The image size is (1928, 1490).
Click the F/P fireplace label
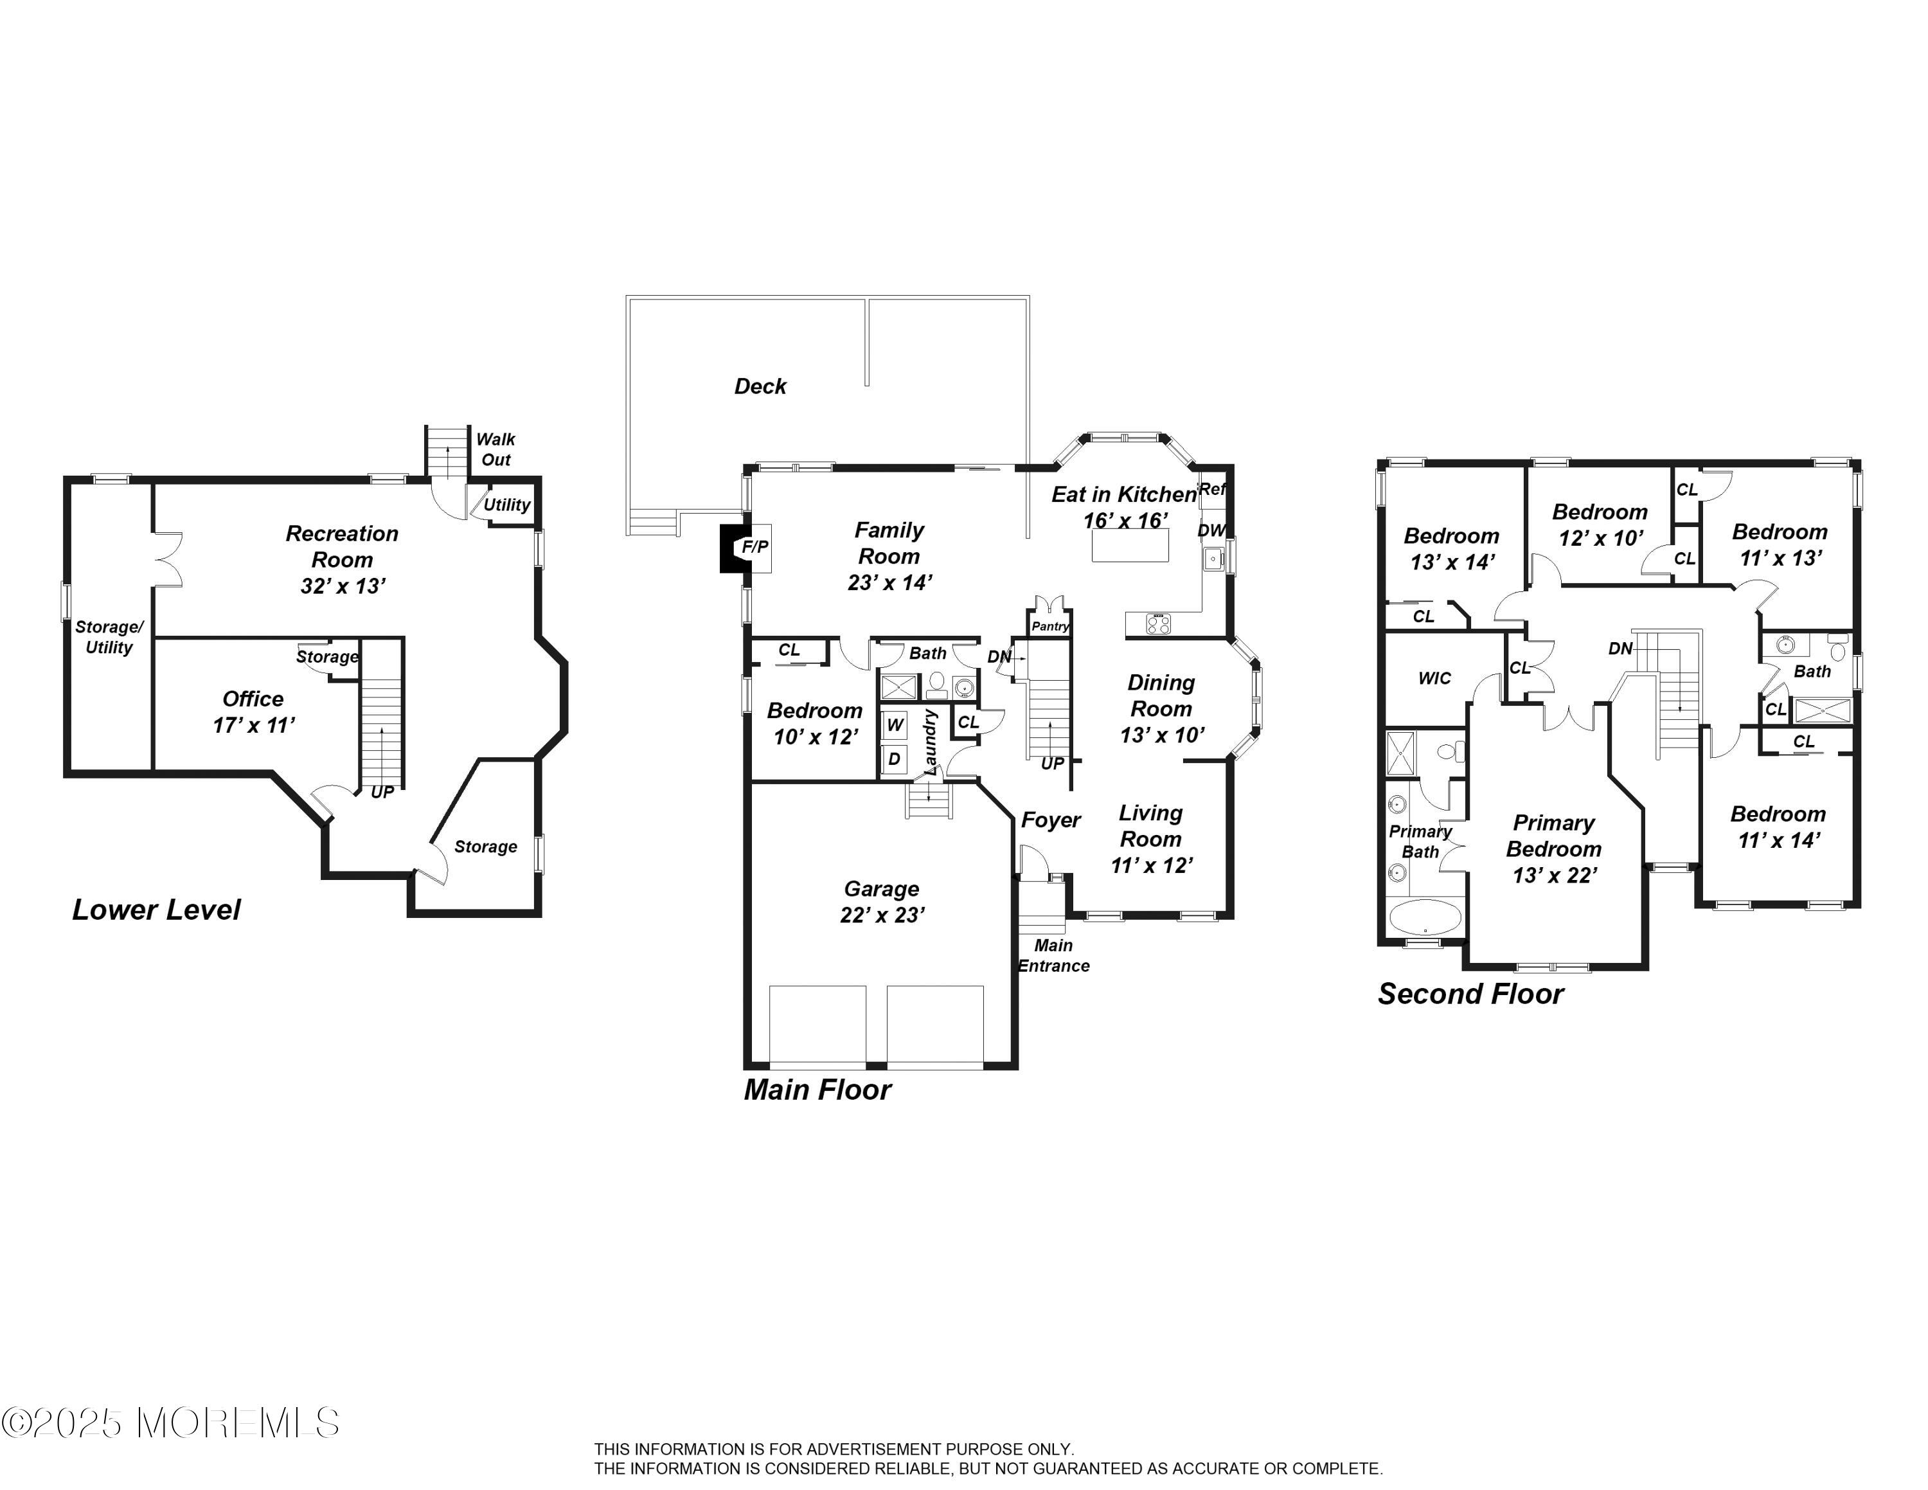click(x=754, y=547)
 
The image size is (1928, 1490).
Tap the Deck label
click(x=760, y=386)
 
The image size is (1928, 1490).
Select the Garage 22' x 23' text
click(x=882, y=902)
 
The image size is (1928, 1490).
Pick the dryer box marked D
click(x=894, y=759)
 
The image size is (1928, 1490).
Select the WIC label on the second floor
click(x=1434, y=678)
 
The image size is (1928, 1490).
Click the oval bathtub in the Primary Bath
click(x=1425, y=917)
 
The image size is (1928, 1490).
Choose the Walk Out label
click(x=495, y=449)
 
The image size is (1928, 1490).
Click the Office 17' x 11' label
click(x=253, y=712)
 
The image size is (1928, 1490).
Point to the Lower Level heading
click(x=156, y=910)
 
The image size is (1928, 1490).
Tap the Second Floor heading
click(x=1470, y=995)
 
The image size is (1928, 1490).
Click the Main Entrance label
click(x=1053, y=956)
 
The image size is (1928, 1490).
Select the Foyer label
click(x=1051, y=821)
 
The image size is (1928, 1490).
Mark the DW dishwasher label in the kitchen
click(x=1211, y=530)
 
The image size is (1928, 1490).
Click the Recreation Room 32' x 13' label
click(x=343, y=560)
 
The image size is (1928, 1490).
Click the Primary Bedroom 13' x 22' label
click(x=1554, y=849)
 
